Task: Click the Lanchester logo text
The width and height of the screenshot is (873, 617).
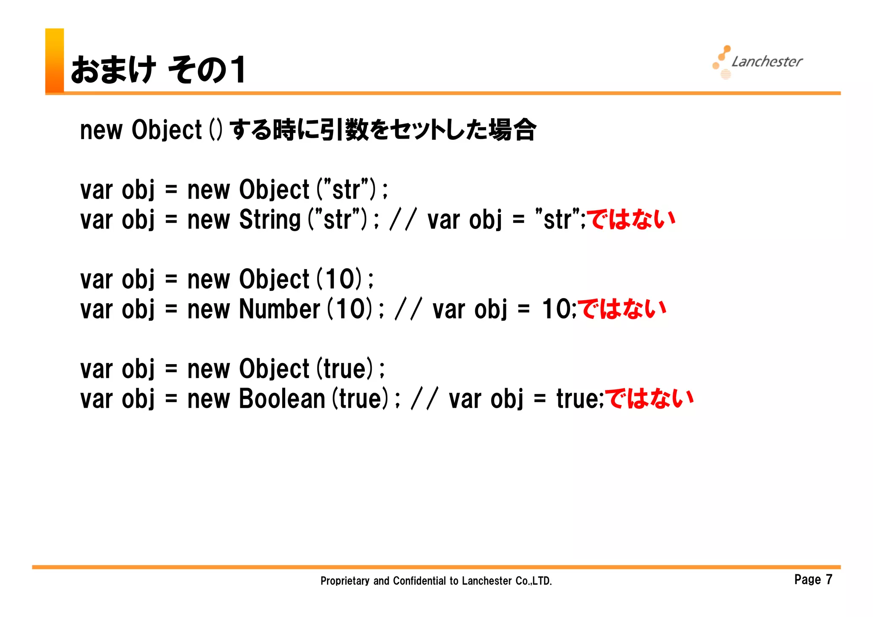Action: pyautogui.click(x=766, y=62)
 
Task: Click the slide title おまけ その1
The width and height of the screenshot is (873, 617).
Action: pyautogui.click(x=158, y=70)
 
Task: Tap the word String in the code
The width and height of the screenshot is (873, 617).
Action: pyautogui.click(x=270, y=220)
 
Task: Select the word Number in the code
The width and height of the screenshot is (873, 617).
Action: pyautogui.click(x=279, y=309)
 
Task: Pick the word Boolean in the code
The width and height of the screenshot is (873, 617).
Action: pyautogui.click(x=282, y=399)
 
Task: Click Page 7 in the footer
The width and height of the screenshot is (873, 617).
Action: pyautogui.click(x=813, y=579)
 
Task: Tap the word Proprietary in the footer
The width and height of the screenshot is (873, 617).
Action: pyautogui.click(x=344, y=581)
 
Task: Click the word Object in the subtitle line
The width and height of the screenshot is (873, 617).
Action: pyautogui.click(x=166, y=130)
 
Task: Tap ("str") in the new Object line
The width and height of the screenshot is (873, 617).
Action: pyautogui.click(x=346, y=190)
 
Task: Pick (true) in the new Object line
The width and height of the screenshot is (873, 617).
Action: pyautogui.click(x=345, y=369)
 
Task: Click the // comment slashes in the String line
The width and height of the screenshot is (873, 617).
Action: pyautogui.click(x=402, y=220)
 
